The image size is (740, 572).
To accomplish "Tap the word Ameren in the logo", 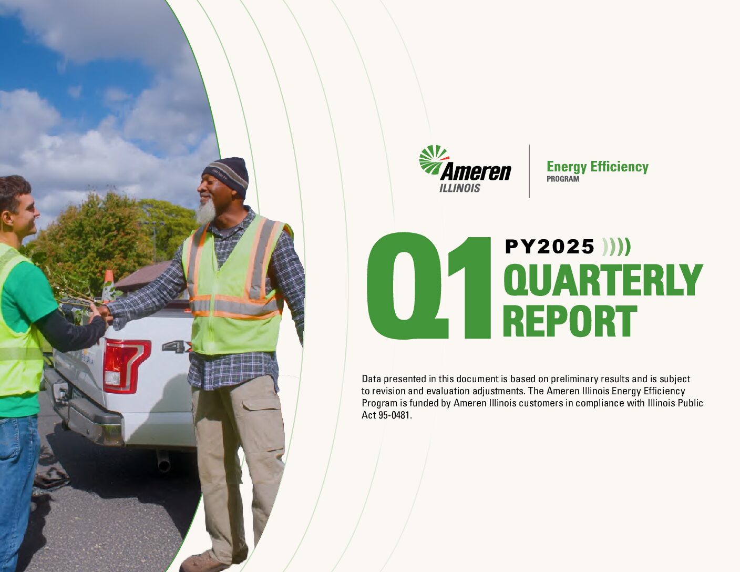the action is pyautogui.click(x=476, y=172).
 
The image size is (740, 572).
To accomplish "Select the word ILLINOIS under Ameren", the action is pyautogui.click(x=460, y=188).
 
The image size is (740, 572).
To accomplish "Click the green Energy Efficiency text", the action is pyautogui.click(x=598, y=167).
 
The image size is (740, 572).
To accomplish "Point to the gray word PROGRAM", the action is pyautogui.click(x=562, y=179).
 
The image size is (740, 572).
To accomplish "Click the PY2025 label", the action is pyautogui.click(x=550, y=247).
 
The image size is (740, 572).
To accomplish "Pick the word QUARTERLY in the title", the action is pyautogui.click(x=603, y=280).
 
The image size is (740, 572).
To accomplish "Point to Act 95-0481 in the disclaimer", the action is pyautogui.click(x=386, y=415).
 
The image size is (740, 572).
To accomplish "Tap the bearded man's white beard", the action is pyautogui.click(x=207, y=212).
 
